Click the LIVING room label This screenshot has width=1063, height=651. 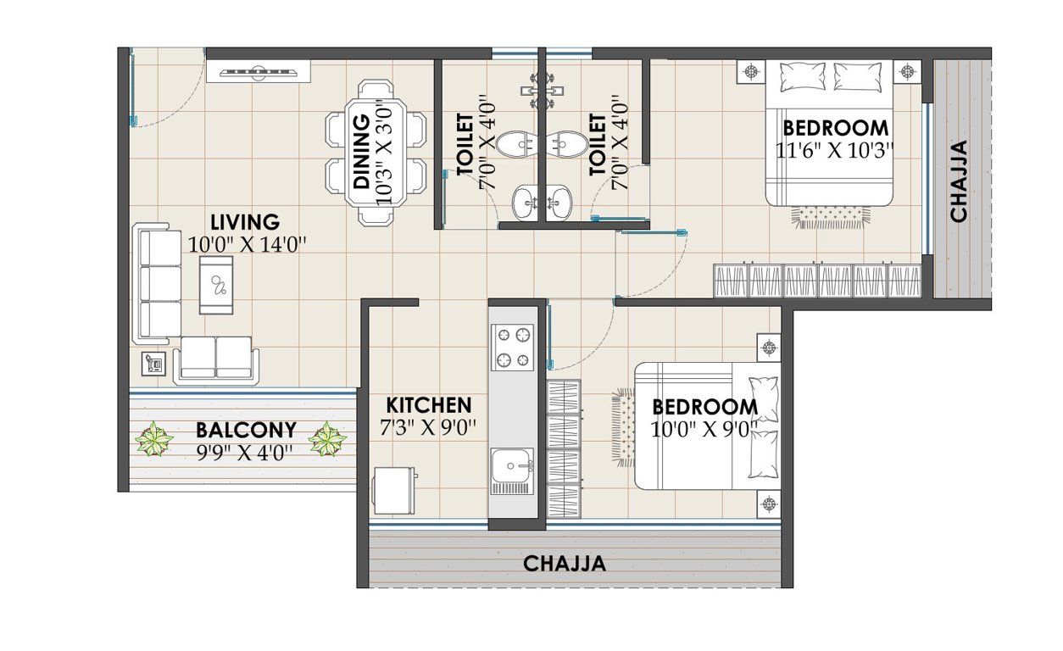[244, 223]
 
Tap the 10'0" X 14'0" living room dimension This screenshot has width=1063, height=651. [247, 243]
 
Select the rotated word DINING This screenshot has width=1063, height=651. [361, 153]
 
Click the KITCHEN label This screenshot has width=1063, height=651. [429, 404]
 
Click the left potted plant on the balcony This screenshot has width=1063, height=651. [154, 440]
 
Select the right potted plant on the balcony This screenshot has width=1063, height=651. [327, 440]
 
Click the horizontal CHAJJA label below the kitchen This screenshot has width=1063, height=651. [564, 563]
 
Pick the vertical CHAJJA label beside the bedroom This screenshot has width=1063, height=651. [959, 181]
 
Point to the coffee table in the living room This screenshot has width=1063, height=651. [216, 285]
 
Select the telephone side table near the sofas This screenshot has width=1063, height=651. [153, 364]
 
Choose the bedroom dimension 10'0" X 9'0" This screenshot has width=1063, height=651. [704, 429]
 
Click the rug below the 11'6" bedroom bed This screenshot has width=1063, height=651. [830, 217]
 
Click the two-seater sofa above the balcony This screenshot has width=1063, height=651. [216, 359]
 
